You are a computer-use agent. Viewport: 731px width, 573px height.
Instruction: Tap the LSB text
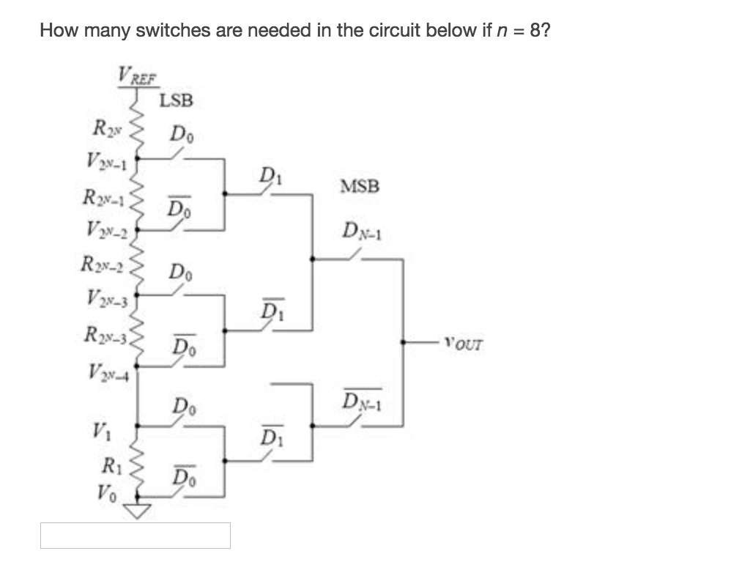177,100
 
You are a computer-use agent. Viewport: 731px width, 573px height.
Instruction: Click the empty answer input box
135,536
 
